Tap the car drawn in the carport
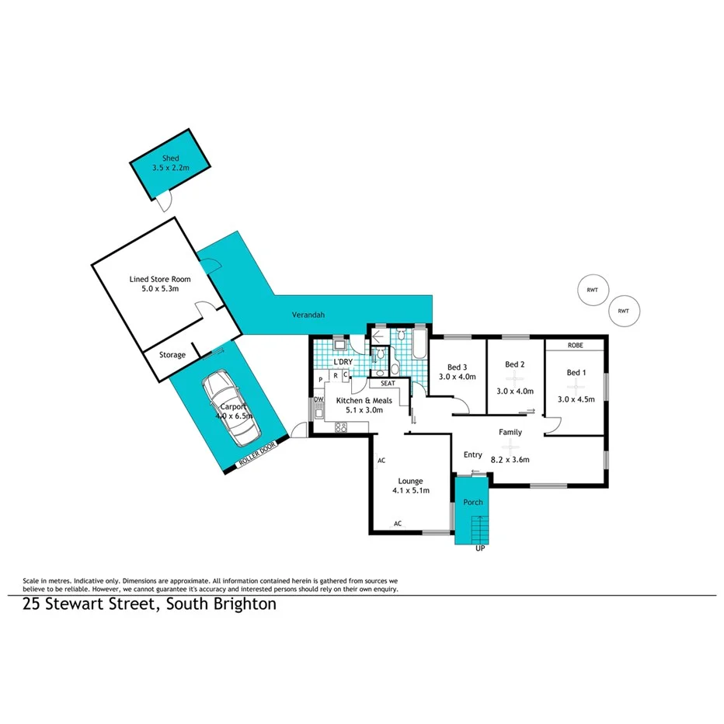coord(231,408)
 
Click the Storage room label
coord(172,355)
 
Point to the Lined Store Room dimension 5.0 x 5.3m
coord(160,289)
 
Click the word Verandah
coord(308,315)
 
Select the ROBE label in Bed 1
coord(575,345)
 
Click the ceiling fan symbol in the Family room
coord(510,447)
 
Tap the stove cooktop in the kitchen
coord(340,426)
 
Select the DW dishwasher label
coord(318,400)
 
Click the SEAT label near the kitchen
coord(388,383)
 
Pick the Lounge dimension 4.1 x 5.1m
coord(410,490)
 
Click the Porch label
coord(473,502)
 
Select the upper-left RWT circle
coord(592,290)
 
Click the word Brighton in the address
coord(242,604)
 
